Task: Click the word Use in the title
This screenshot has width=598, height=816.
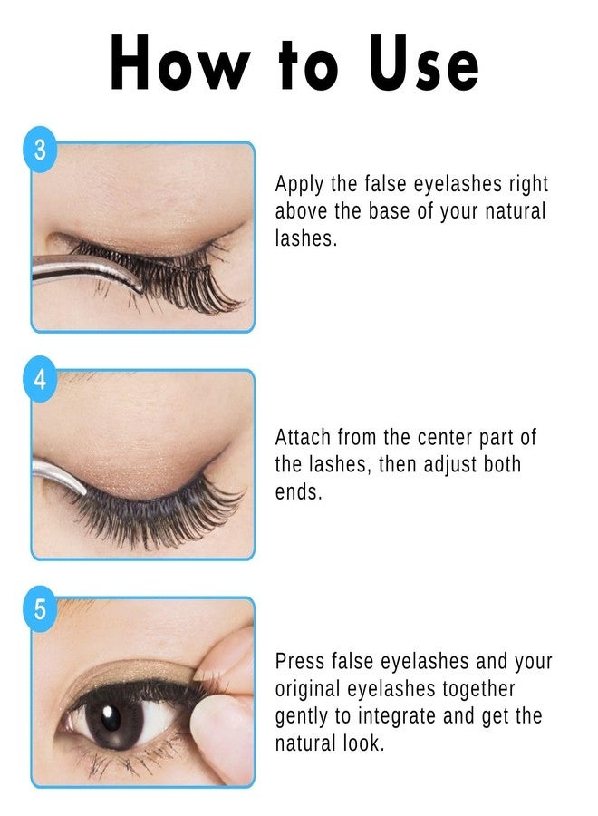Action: [422, 63]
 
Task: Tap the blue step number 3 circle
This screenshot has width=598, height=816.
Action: [40, 151]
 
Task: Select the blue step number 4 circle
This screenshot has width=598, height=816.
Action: [40, 379]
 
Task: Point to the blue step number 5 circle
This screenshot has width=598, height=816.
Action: [40, 608]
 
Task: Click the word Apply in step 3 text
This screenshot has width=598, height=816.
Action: [300, 185]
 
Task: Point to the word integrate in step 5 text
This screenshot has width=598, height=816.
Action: [406, 716]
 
